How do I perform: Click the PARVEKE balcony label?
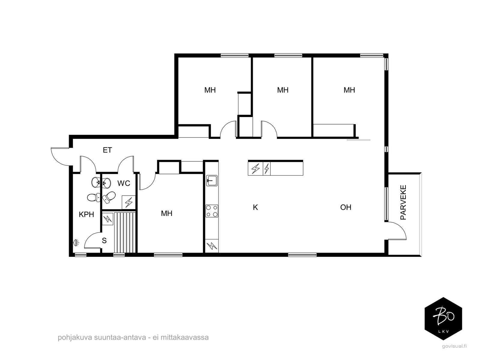click(x=403, y=202)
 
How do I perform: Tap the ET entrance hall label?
click(x=107, y=150)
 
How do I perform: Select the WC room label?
click(x=123, y=183)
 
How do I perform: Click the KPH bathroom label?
click(x=86, y=214)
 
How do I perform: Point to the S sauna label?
click(x=104, y=241)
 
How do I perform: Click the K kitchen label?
click(x=255, y=207)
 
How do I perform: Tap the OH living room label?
click(x=346, y=207)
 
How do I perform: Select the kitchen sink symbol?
click(x=212, y=181)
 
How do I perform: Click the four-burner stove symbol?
click(x=212, y=211)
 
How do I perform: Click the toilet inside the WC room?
click(x=109, y=196)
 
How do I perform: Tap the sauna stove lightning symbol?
click(x=107, y=219)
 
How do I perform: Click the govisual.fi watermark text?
click(x=454, y=346)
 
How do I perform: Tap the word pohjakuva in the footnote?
click(x=71, y=337)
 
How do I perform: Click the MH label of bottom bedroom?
click(x=167, y=214)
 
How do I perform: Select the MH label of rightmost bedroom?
click(x=349, y=90)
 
